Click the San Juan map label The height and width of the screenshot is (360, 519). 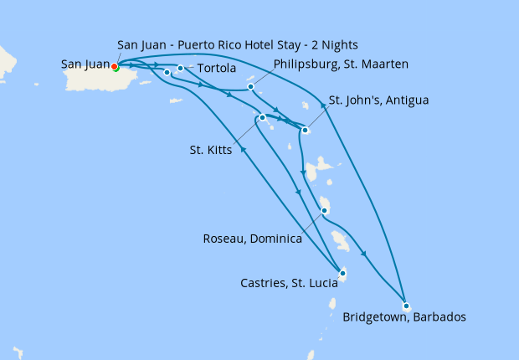85,64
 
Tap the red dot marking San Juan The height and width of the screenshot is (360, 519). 116,69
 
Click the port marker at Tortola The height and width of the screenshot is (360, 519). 181,68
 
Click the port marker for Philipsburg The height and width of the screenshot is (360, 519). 250,85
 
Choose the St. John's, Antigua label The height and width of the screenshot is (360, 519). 378,100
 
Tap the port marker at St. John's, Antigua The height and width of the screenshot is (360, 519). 305,130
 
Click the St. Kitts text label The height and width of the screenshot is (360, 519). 211,151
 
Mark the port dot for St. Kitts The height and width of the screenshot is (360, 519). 262,118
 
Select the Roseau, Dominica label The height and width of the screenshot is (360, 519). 252,239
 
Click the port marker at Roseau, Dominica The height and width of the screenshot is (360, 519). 324,211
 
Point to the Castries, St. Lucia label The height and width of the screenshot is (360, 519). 286,284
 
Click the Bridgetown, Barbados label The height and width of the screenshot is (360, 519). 403,317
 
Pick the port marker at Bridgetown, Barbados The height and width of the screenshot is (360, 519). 405,306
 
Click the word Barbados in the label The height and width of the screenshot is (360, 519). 437,317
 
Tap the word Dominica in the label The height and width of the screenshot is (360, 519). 275,239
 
